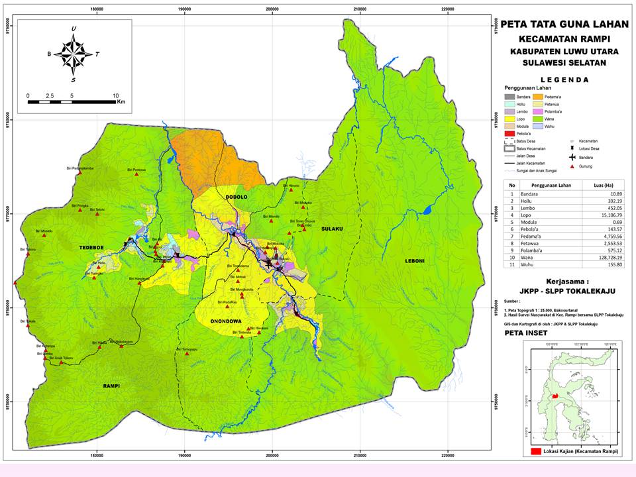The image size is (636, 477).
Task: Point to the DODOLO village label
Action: coord(236,197)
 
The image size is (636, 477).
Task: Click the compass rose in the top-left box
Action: coord(74,53)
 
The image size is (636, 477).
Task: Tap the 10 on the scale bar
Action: coord(115,95)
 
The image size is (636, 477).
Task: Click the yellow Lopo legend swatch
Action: coord(509,119)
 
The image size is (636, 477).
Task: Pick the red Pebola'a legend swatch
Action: coord(509,133)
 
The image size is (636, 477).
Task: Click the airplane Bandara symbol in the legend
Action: coord(571,160)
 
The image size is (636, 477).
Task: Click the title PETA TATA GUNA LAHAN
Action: coord(564,25)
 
